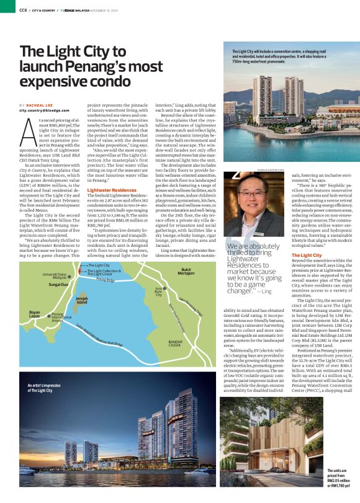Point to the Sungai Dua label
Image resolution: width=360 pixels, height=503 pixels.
click(60, 284)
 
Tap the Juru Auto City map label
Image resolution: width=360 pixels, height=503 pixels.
click(159, 292)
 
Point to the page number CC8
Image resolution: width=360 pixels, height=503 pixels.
click(22, 9)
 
